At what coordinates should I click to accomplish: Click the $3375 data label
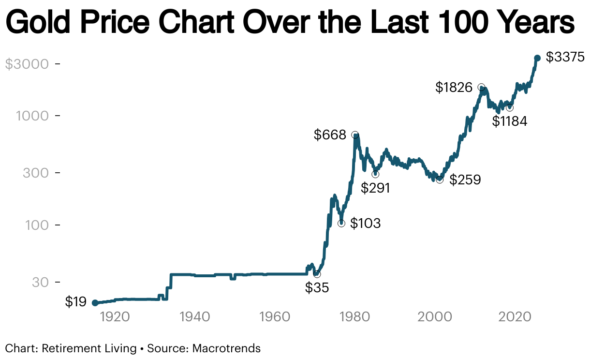point(565,57)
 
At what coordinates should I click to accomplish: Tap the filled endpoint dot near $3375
point(537,58)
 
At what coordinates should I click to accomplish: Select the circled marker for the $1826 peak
point(481,87)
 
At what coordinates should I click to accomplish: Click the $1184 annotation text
point(509,121)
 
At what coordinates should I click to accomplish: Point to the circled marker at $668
point(355,135)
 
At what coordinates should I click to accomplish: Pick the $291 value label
point(375,188)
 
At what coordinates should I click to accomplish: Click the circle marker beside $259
point(440,180)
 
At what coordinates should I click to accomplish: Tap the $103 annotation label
point(366,224)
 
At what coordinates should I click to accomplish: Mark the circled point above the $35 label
point(317,274)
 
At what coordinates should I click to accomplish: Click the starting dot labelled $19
point(95,303)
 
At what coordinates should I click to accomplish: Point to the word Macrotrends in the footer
point(227,348)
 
